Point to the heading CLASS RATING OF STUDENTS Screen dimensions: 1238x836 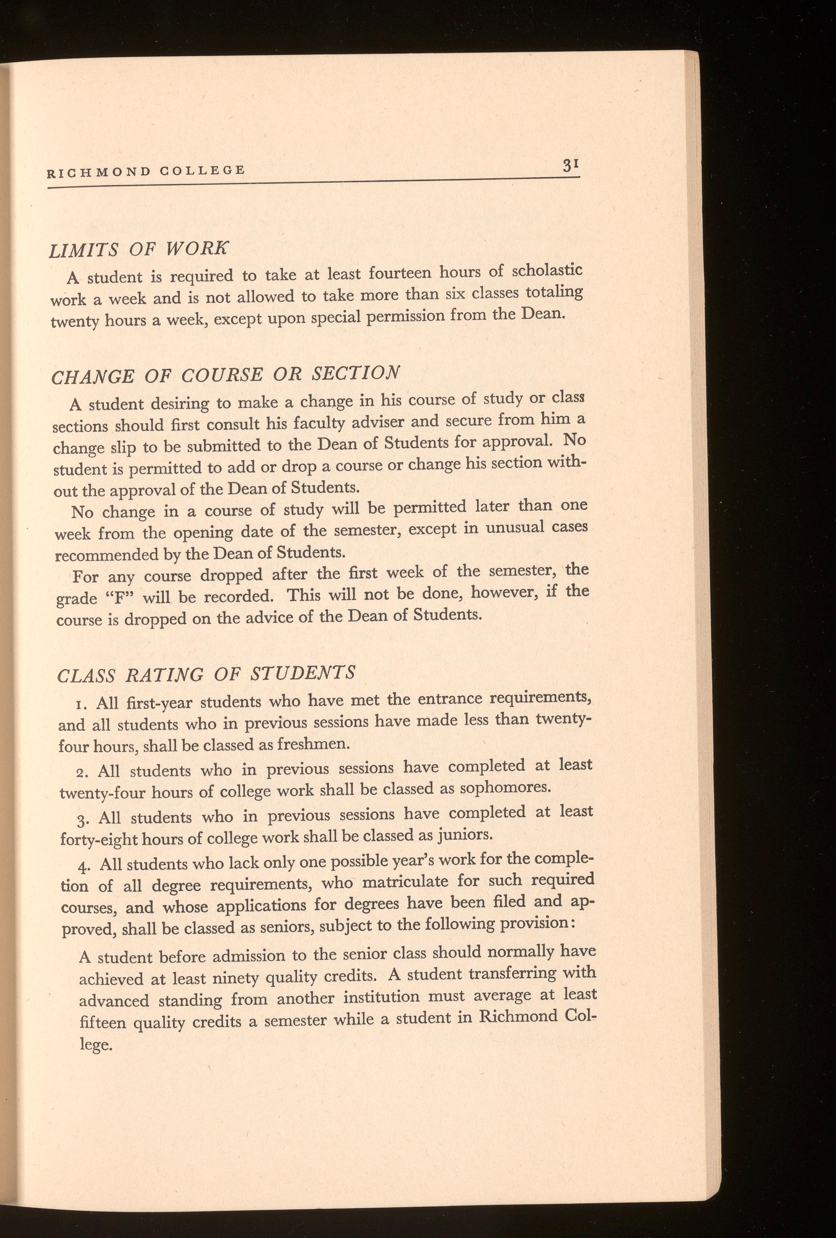(206, 673)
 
